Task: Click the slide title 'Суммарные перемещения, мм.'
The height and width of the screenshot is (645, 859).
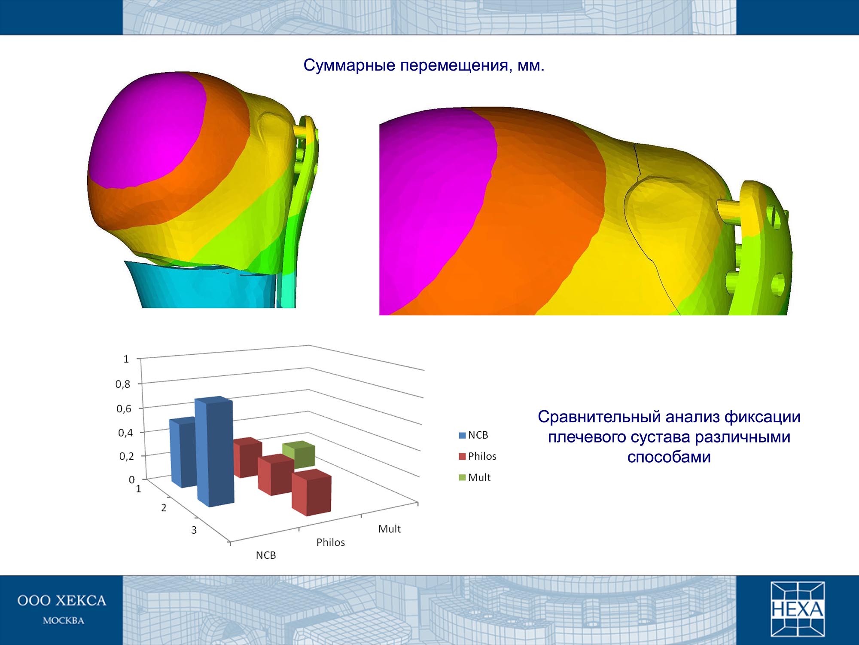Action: click(x=424, y=65)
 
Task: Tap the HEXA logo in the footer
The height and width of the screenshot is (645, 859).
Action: click(x=798, y=609)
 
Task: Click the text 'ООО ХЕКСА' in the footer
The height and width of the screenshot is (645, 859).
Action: click(x=62, y=601)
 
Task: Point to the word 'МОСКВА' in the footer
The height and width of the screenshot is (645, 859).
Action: click(x=64, y=620)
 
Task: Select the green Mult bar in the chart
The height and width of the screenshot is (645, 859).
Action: click(x=299, y=454)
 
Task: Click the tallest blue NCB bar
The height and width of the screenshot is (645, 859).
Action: click(x=214, y=451)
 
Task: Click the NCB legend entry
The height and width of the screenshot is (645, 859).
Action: click(x=473, y=435)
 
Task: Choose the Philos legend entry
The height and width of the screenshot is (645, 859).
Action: click(x=478, y=456)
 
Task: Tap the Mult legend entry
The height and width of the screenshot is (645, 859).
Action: click(x=475, y=477)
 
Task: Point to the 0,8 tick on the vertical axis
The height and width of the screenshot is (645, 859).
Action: click(x=123, y=384)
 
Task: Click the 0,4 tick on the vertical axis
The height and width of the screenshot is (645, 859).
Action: click(x=125, y=432)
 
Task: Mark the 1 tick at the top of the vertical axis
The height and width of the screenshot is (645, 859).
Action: click(x=126, y=359)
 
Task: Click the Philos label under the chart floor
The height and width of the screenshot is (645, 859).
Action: click(x=331, y=542)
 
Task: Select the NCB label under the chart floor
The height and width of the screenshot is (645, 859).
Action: click(x=266, y=555)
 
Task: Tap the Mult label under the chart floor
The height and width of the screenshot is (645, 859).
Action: click(x=389, y=529)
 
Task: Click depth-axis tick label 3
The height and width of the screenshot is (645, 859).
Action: click(x=194, y=530)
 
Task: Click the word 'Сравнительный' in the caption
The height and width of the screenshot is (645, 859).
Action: click(x=599, y=417)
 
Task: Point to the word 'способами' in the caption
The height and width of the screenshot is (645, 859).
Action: click(x=669, y=457)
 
